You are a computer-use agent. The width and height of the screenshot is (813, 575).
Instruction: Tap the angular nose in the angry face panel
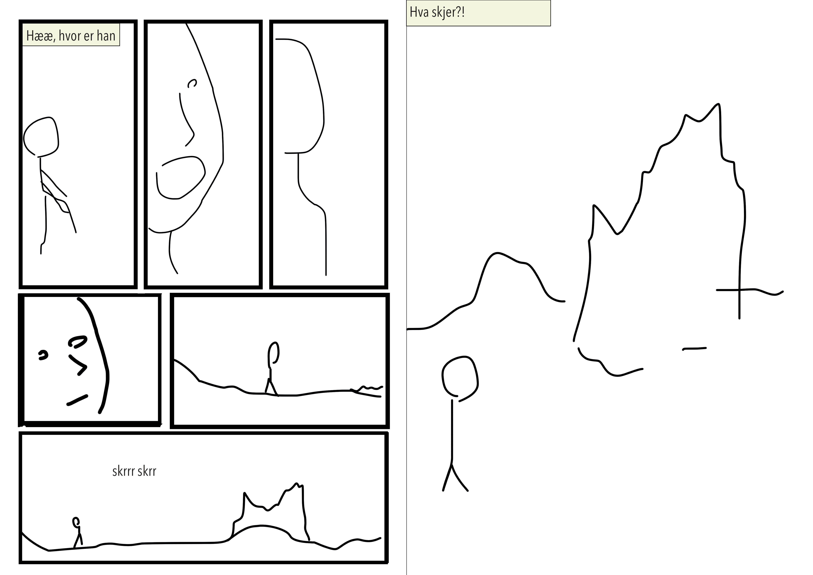(78, 365)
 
